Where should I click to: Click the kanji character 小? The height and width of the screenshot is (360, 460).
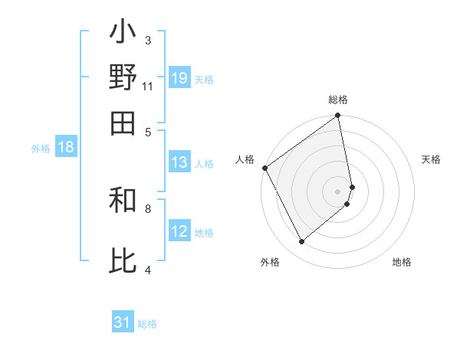[123, 34]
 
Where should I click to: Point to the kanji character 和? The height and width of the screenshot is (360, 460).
[123, 201]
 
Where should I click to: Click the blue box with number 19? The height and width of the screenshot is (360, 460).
[179, 78]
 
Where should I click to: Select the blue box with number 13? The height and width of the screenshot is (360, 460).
[179, 162]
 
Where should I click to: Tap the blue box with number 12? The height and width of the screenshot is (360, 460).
[179, 231]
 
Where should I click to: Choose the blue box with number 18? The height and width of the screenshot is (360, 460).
[66, 148]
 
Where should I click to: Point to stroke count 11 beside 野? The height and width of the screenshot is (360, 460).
[148, 86]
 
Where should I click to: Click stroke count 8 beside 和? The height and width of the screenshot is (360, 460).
[148, 208]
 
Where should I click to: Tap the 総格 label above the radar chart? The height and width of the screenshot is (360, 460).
[338, 100]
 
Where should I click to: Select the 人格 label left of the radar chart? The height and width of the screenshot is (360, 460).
[245, 159]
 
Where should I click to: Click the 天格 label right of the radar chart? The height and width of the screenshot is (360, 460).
[431, 159]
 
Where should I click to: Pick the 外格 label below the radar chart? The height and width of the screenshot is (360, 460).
[270, 262]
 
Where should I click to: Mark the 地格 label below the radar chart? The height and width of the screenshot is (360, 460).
[402, 262]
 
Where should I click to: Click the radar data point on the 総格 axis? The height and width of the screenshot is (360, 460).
[338, 116]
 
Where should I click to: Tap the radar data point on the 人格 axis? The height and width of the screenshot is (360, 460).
[264, 168]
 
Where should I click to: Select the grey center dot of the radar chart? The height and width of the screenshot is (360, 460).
[338, 191]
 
